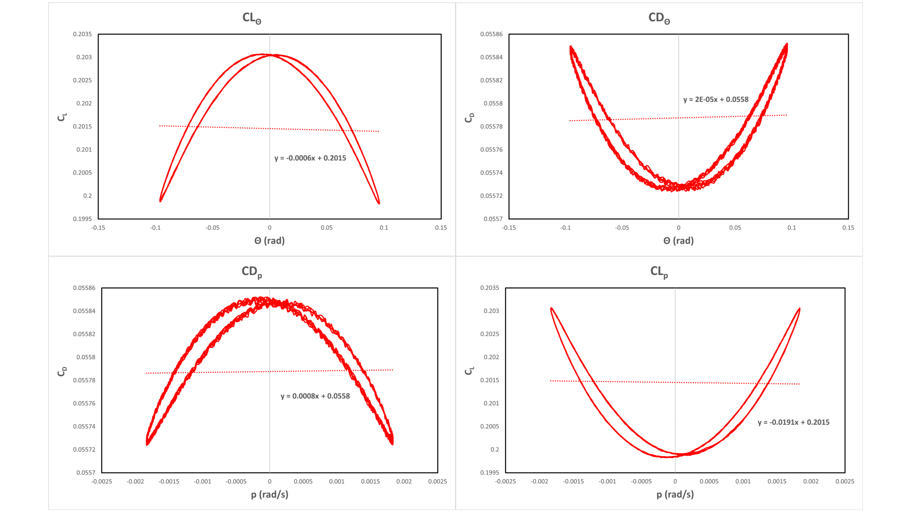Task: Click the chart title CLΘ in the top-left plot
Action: [x=252, y=18]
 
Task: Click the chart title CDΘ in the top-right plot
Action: [x=659, y=18]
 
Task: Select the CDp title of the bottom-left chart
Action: [x=252, y=272]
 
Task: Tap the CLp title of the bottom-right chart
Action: [x=659, y=272]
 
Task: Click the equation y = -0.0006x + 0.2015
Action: [x=310, y=158]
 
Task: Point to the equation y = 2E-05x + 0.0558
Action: [x=716, y=100]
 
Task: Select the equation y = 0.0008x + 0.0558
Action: [x=315, y=396]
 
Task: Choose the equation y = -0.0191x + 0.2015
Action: [x=793, y=422]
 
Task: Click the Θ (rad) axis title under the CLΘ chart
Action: [x=269, y=241]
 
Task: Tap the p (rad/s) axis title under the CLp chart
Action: [x=675, y=495]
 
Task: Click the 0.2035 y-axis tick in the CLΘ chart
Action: [x=82, y=34]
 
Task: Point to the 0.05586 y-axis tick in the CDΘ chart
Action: [x=491, y=34]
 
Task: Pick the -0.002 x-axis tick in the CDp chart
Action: [x=135, y=481]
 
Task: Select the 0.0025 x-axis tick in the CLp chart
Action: [x=844, y=481]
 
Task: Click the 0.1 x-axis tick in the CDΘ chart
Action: [x=791, y=228]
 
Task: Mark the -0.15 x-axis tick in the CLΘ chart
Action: [x=98, y=228]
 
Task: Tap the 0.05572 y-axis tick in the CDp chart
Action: [x=84, y=449]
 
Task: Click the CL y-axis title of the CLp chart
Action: [x=469, y=371]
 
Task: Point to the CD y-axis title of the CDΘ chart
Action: [x=469, y=117]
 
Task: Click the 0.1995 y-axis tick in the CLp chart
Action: [x=490, y=473]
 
